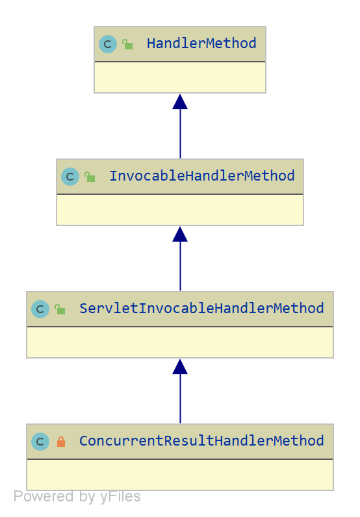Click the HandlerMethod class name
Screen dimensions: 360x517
tap(201, 44)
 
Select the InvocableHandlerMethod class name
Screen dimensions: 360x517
tap(201, 176)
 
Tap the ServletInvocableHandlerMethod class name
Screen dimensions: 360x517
tap(201, 309)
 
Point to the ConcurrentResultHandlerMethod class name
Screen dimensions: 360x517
tap(201, 441)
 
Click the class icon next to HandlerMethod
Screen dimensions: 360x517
tap(108, 44)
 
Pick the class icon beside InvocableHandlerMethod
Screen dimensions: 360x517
tap(70, 177)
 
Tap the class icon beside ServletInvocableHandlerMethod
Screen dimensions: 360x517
tap(40, 309)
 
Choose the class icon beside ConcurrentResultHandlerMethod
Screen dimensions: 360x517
tap(40, 442)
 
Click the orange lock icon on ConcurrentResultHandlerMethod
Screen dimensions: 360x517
tap(61, 442)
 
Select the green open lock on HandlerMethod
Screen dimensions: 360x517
tap(127, 44)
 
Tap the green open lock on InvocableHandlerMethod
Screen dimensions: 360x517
tap(90, 177)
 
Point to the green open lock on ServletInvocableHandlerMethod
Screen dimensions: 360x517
tap(60, 309)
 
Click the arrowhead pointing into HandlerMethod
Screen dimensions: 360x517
tap(180, 101)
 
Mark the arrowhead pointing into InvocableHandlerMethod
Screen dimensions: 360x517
tap(180, 234)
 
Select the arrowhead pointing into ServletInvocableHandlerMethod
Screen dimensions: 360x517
tap(180, 367)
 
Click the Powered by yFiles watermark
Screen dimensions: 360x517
tap(77, 497)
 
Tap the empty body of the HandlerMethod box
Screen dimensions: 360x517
tap(180, 77)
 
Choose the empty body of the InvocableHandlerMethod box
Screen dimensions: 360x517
tap(180, 210)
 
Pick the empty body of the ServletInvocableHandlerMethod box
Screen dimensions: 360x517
tap(180, 342)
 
